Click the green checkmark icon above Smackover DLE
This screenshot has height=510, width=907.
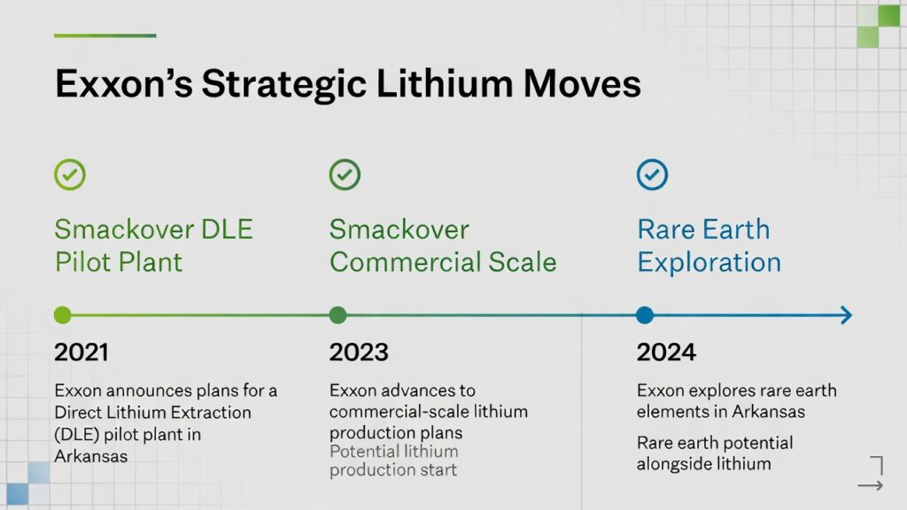70,174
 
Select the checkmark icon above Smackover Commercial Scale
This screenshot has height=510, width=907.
345,174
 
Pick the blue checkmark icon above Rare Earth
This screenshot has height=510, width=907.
653,174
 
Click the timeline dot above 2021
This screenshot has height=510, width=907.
63,315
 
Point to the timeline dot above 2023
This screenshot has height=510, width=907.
337,315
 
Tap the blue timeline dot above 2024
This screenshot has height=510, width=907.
645,315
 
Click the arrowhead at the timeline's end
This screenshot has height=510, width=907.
846,315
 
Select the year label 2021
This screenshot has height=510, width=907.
81,352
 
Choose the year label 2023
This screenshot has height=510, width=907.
359,352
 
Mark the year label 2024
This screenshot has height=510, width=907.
666,352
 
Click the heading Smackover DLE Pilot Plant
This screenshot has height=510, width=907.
154,246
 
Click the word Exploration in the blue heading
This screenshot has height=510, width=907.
709,262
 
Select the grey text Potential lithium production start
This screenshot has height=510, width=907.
393,460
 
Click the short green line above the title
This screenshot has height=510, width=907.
105,35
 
